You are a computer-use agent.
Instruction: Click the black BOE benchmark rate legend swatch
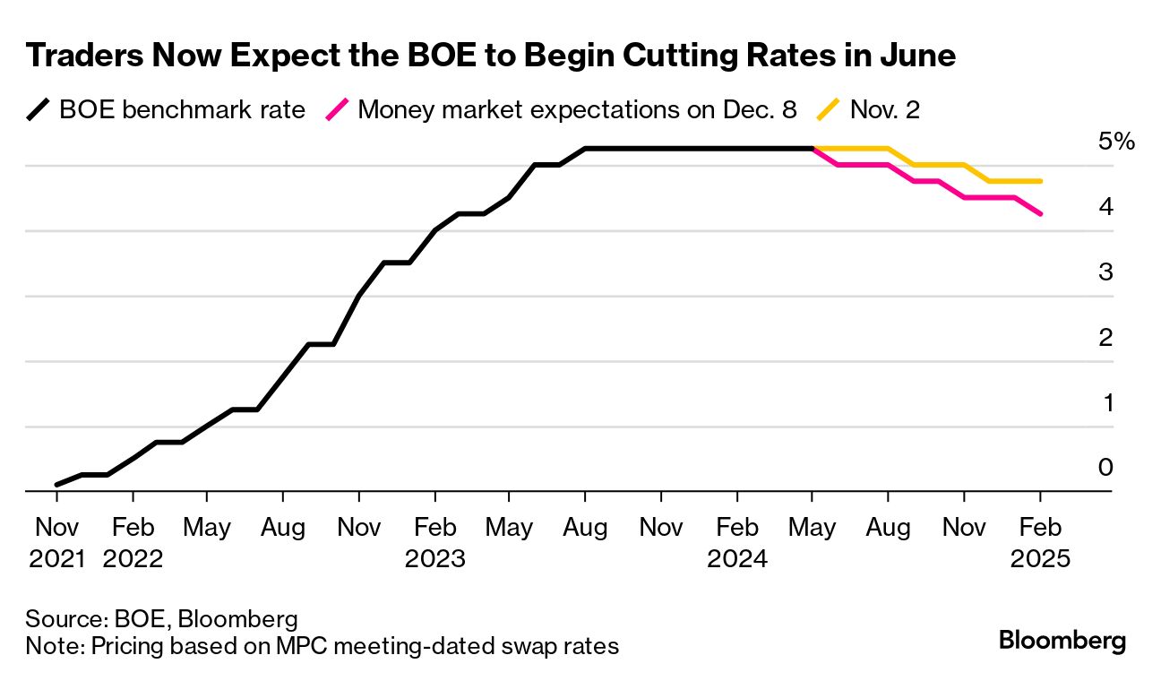coord(39,110)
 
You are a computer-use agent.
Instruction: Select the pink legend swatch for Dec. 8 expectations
coord(337,110)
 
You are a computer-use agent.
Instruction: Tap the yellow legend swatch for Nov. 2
coord(830,110)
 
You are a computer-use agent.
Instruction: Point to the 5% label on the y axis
coord(1116,141)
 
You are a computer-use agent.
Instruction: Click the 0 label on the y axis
coord(1105,467)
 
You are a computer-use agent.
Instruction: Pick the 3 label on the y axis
coord(1105,272)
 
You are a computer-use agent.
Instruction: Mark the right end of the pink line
coord(1040,213)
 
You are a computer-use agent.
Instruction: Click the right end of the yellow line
coord(1040,181)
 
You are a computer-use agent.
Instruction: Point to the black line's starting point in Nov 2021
coord(57,484)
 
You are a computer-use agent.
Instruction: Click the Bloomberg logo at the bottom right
coord(1062,641)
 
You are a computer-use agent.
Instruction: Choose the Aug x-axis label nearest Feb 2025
coord(889,527)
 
